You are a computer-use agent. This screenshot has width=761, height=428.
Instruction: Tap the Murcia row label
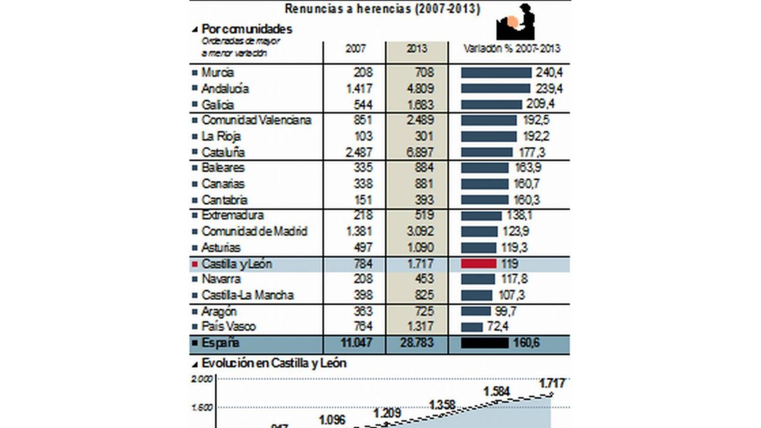click(217, 73)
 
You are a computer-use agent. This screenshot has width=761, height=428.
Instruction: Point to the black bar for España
click(485, 344)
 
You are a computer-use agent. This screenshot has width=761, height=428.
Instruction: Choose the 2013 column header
click(417, 49)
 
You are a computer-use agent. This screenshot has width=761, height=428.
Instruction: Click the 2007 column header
click(355, 49)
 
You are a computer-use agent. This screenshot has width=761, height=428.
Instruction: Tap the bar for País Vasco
click(472, 327)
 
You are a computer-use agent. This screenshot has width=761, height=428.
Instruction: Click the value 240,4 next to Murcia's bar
click(550, 73)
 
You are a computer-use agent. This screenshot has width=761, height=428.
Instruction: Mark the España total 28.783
click(415, 344)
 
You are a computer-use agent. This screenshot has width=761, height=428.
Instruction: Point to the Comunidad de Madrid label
click(254, 232)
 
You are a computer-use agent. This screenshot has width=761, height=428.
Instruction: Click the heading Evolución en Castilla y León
click(273, 364)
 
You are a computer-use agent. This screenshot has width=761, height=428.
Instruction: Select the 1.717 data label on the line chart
click(552, 383)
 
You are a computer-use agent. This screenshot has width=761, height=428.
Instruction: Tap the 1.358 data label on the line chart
click(443, 405)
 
